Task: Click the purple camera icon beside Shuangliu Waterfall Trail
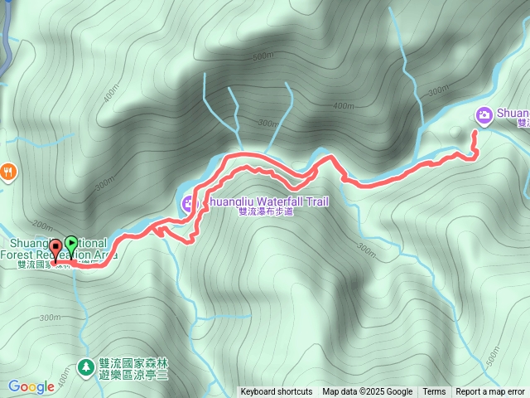tap(189, 204)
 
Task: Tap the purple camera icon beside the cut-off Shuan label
tap(483, 114)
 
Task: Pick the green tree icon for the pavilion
tap(84, 366)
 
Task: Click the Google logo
tap(31, 386)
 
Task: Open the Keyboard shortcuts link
tap(277, 392)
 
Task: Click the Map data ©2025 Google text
tap(368, 392)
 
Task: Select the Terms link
tap(434, 392)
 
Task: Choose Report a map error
tap(490, 392)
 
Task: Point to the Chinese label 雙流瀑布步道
tap(265, 212)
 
